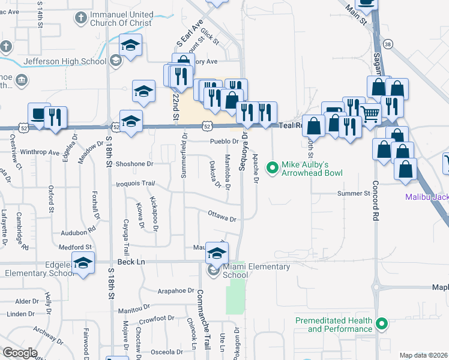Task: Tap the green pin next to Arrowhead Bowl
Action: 273,167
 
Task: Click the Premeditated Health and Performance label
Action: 334,325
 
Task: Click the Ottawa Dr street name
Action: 222,215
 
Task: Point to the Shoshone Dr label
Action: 135,163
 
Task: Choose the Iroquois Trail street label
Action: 135,184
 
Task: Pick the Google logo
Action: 20,352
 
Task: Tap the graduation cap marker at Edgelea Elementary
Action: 83,262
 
